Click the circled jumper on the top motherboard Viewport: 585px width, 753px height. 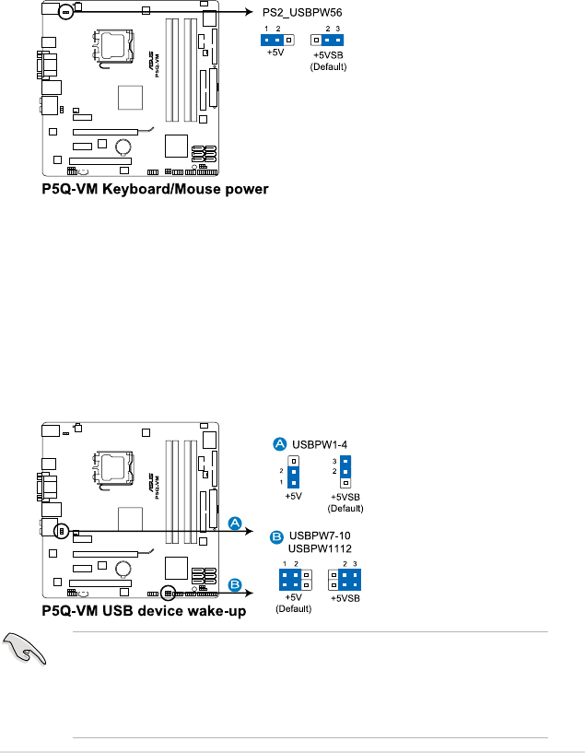(64, 12)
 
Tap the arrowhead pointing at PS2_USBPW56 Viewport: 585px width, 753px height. (253, 13)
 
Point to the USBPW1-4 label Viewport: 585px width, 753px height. (314, 444)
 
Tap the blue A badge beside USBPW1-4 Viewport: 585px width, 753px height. (280, 444)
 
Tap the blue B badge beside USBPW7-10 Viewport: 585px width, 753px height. (275, 535)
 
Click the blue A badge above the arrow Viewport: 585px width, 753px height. (235, 524)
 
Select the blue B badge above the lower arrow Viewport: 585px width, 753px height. (235, 584)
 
